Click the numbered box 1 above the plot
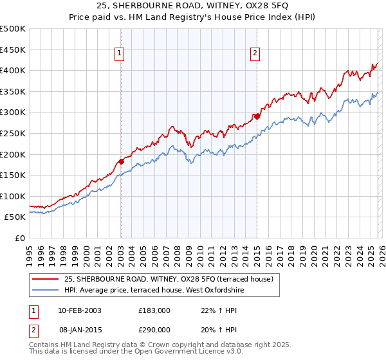pos(120,53)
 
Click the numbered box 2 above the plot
pos(255,53)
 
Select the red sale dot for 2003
pos(121,161)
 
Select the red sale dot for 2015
pos(257,116)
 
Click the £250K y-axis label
pos(13,133)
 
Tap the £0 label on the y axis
pos(21,238)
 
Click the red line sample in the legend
pos(46,279)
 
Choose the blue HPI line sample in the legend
pos(46,290)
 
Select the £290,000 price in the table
pos(154,329)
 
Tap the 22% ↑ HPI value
pos(210,310)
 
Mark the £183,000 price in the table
pos(154,310)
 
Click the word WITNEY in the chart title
pos(231,7)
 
